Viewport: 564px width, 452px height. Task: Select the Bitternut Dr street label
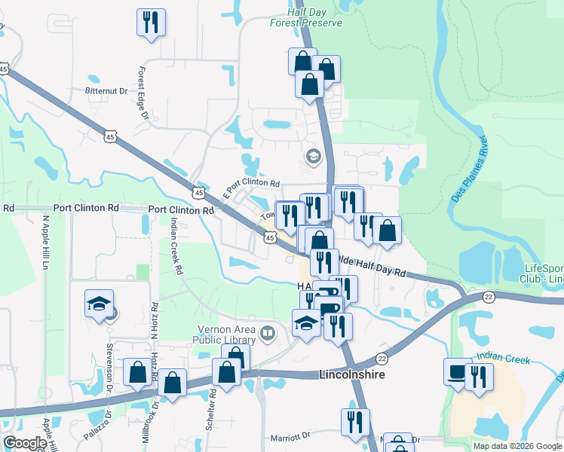[106, 91]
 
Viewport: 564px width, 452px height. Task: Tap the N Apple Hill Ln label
[45, 243]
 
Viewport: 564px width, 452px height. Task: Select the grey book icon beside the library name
[267, 332]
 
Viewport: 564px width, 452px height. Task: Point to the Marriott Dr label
[290, 436]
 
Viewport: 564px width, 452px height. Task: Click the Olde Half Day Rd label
[371, 266]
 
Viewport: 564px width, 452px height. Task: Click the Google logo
[25, 443]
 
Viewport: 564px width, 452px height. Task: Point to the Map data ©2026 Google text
[516, 446]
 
